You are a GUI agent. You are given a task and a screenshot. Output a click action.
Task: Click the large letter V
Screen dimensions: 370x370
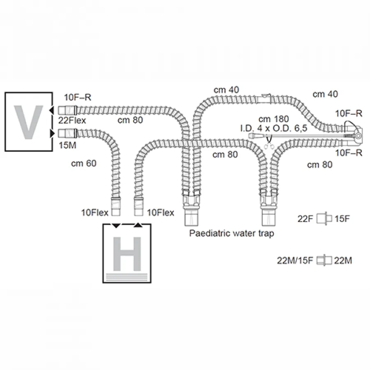pyautogui.click(x=28, y=122)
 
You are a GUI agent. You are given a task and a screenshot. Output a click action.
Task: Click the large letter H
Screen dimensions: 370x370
pyautogui.click(x=127, y=254)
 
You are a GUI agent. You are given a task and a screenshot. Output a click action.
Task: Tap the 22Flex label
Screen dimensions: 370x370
pyautogui.click(x=72, y=120)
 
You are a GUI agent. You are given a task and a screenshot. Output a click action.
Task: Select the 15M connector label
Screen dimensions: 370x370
pyautogui.click(x=67, y=145)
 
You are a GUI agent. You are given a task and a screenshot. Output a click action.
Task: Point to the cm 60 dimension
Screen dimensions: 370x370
pyautogui.click(x=84, y=163)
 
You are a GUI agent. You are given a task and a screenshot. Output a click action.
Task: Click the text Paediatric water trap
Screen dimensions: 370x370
pyautogui.click(x=232, y=234)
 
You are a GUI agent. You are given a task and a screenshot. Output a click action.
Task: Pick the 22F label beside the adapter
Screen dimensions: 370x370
pyautogui.click(x=305, y=219)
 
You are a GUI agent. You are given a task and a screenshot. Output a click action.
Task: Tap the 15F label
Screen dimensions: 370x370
pyautogui.click(x=342, y=219)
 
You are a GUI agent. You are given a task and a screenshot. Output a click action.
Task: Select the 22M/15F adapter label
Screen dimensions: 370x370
pyautogui.click(x=295, y=261)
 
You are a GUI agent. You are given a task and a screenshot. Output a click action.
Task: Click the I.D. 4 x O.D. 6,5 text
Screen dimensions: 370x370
pyautogui.click(x=274, y=128)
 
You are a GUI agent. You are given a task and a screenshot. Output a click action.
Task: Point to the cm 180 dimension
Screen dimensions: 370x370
pyautogui.click(x=274, y=119)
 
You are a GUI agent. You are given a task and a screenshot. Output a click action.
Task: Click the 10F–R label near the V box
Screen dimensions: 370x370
pyautogui.click(x=78, y=97)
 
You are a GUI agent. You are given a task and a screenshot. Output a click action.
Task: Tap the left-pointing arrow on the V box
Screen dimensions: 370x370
pyautogui.click(x=51, y=110)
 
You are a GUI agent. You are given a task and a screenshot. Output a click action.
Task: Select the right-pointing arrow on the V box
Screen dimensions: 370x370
pyautogui.click(x=52, y=133)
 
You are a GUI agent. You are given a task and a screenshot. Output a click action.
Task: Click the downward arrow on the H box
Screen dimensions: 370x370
pyautogui.click(x=116, y=226)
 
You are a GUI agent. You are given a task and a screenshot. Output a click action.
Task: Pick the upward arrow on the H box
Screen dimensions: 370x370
pyautogui.click(x=138, y=225)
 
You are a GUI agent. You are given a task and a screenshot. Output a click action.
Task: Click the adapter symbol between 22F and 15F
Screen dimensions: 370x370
pyautogui.click(x=324, y=219)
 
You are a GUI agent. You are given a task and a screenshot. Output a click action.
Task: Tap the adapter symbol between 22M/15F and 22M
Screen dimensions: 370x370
pyautogui.click(x=324, y=261)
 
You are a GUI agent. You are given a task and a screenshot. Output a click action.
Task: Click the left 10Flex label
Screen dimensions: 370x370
pyautogui.click(x=95, y=213)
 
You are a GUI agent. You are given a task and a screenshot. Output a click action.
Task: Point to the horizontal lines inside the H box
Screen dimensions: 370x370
pyautogui.click(x=127, y=277)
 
